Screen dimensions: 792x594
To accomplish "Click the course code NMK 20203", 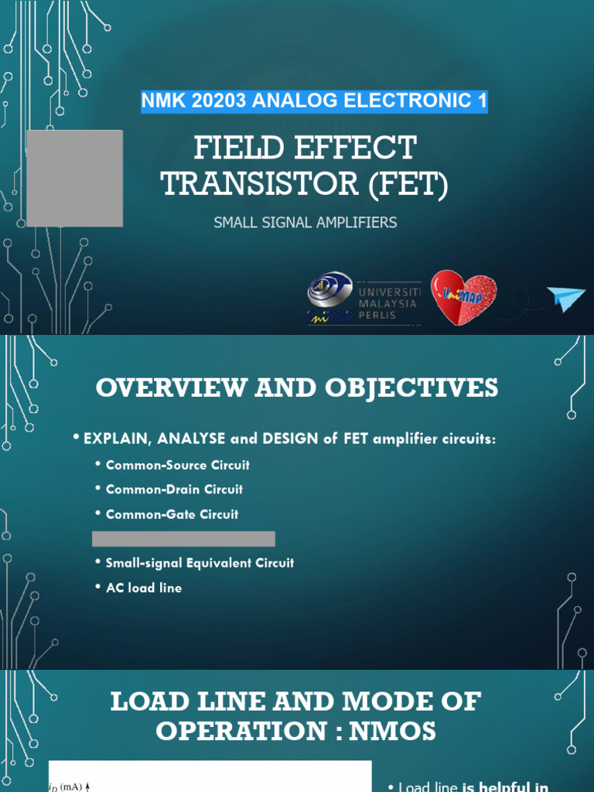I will [185, 101].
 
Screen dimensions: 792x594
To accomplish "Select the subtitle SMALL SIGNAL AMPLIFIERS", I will [305, 222].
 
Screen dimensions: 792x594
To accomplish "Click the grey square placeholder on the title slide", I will [74, 178].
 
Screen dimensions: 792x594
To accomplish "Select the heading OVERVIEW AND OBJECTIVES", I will [297, 388].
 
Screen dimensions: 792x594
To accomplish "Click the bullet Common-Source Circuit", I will [177, 465].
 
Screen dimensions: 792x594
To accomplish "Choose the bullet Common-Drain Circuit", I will [174, 490].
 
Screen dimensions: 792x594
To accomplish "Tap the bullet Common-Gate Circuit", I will [172, 514].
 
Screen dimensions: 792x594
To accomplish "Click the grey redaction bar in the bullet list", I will [183, 538].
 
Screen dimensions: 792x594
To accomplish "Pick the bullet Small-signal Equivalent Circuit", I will [200, 563].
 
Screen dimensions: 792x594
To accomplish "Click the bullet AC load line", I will [143, 588].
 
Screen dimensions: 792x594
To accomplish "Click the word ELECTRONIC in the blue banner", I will [402, 101].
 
